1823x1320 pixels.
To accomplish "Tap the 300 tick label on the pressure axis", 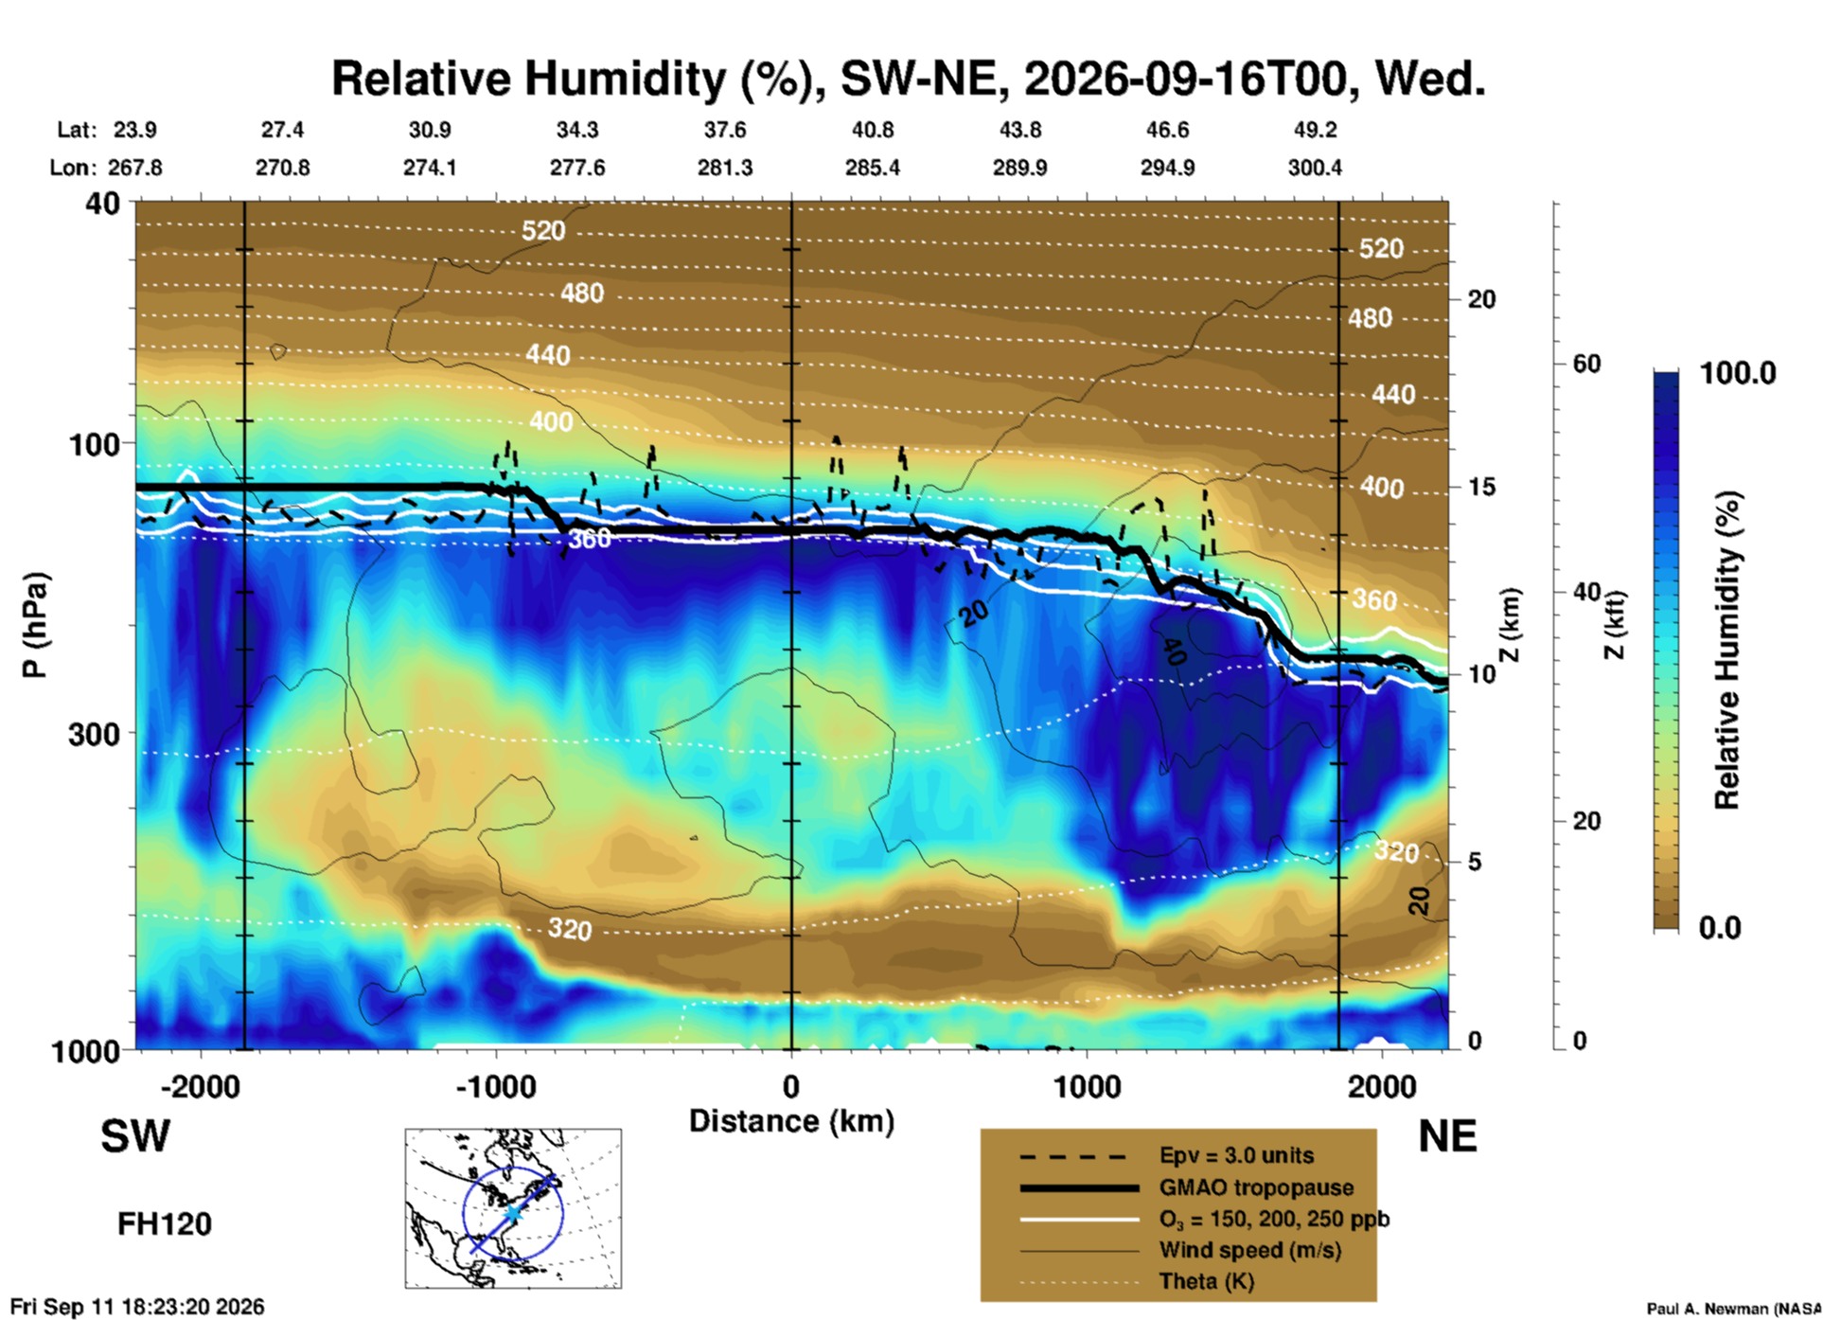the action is pos(94,734).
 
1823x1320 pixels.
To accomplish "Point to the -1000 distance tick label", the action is pos(496,1086).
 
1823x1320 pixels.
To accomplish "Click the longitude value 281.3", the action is pos(725,168).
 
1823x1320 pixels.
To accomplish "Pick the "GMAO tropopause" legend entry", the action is pos(1256,1187).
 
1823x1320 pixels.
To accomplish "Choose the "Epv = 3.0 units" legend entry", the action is pos(1236,1155).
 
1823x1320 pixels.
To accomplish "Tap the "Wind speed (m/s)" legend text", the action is pos(1249,1251).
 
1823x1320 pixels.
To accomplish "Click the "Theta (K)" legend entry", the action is pos(1206,1282).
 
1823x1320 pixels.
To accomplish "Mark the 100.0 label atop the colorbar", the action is pos(1738,373).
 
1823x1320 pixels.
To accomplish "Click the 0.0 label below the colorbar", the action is pos(1720,928).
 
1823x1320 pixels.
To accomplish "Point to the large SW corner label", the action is pos(135,1136).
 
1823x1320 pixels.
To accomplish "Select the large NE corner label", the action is pos(1447,1136).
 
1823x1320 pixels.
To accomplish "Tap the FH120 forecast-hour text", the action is pos(165,1224).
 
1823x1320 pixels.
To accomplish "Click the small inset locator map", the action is pos(513,1208).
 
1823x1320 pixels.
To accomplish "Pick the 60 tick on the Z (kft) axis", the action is pos(1587,365).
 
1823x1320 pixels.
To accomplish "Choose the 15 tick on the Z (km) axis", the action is pos(1481,487).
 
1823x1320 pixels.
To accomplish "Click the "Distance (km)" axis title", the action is pos(791,1121).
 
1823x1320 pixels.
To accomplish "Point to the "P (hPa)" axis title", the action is pos(34,625).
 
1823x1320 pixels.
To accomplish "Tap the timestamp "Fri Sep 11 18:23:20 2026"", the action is pos(137,1307).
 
